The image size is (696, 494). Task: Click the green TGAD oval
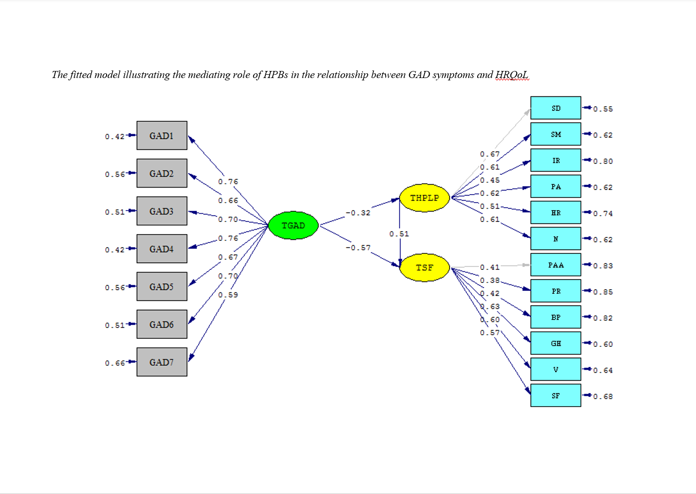(x=293, y=226)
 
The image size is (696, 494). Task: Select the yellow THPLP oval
(x=425, y=198)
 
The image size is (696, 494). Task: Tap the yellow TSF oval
(x=425, y=267)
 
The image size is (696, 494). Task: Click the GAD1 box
(x=162, y=135)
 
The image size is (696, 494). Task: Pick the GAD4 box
(x=162, y=249)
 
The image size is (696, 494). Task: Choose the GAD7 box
(x=162, y=362)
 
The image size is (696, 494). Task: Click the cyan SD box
(x=556, y=108)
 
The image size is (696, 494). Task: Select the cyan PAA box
(x=556, y=265)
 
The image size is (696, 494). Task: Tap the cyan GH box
(x=556, y=344)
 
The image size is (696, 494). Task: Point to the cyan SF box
(x=556, y=396)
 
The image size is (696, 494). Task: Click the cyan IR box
(x=556, y=160)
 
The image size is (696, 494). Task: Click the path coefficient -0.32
(x=358, y=213)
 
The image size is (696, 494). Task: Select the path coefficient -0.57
(x=358, y=248)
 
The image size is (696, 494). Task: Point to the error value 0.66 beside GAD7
(x=115, y=363)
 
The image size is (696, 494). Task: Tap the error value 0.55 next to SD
(x=603, y=109)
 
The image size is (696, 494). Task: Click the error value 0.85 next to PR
(x=603, y=292)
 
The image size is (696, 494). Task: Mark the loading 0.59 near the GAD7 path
(x=228, y=295)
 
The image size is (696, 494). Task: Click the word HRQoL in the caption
(x=512, y=75)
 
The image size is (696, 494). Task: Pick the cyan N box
(x=556, y=239)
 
